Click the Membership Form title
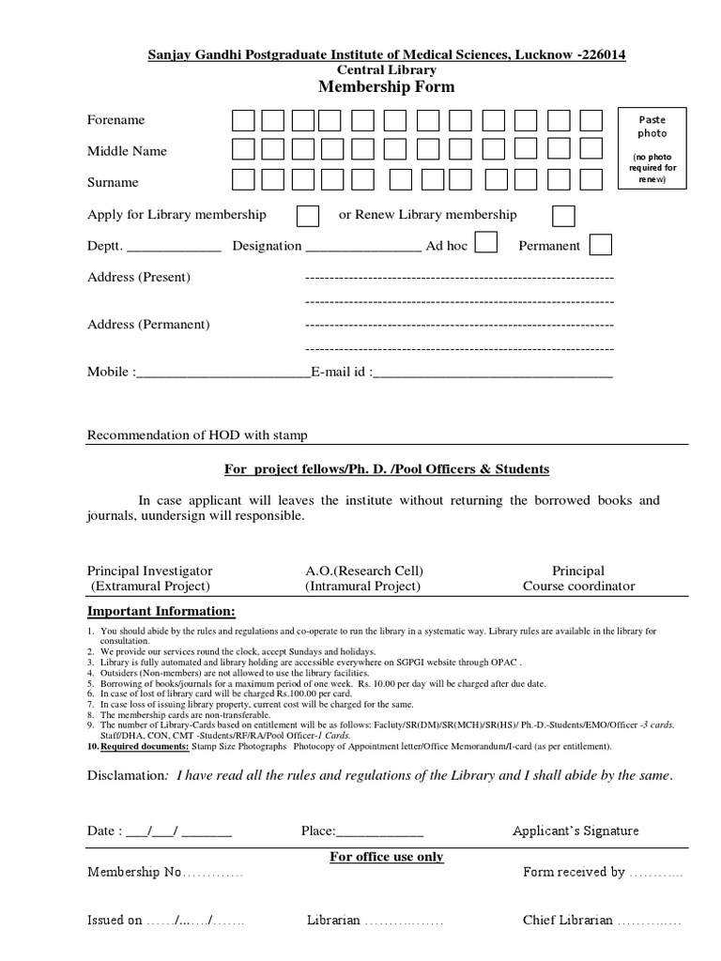tap(387, 87)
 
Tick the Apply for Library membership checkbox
tap(307, 215)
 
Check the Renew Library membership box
tap(563, 215)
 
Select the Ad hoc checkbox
tap(485, 244)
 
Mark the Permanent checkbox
tap(601, 245)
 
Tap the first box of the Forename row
tap(242, 120)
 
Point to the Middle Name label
tap(127, 151)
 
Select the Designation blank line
tap(363, 248)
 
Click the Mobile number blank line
tap(222, 374)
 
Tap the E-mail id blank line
tap(492, 374)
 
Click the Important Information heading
tap(161, 612)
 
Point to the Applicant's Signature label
tap(575, 831)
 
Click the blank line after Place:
tap(379, 832)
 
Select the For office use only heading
tap(386, 857)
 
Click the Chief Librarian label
tap(567, 921)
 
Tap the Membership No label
tap(133, 872)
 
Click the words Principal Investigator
tap(150, 571)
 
